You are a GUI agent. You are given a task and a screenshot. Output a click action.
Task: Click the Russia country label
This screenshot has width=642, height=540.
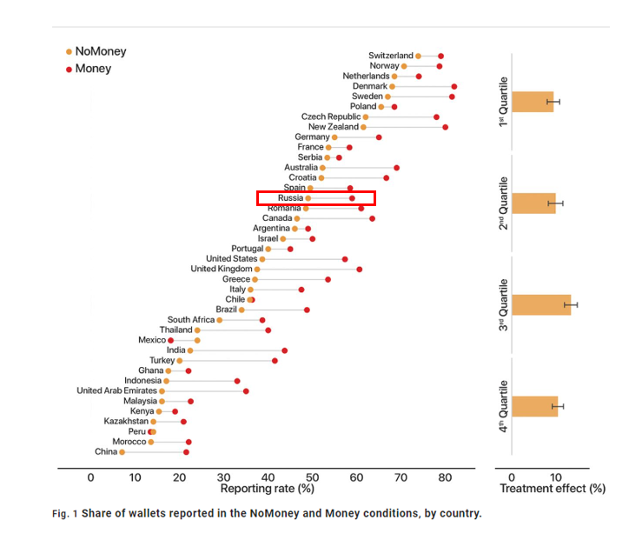pos(290,198)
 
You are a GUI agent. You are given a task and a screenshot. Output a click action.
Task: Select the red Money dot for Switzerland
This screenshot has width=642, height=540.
pos(440,56)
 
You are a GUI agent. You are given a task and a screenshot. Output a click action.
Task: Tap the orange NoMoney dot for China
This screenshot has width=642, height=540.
pos(122,452)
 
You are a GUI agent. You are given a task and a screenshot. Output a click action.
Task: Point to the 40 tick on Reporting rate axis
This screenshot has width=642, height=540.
pos(268,477)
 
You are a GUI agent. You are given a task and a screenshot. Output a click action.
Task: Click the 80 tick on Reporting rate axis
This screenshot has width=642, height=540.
pos(446,477)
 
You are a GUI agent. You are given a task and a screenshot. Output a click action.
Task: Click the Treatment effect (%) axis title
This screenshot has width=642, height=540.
pos(552,490)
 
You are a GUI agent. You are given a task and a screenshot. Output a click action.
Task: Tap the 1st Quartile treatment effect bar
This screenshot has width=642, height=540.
pos(532,102)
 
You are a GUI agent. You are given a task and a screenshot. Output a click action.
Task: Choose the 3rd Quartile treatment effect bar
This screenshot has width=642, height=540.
pos(540,304)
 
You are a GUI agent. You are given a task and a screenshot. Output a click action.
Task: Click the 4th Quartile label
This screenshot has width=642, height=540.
pos(502,406)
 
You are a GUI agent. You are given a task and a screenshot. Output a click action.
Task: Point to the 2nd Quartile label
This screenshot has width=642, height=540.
pos(502,203)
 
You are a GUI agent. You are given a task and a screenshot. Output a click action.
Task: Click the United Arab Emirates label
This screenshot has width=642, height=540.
pos(116,391)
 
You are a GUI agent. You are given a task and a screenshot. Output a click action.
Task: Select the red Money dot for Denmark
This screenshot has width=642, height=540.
pos(453,86)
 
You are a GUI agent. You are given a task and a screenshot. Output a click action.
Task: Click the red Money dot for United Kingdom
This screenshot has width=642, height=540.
pos(359,270)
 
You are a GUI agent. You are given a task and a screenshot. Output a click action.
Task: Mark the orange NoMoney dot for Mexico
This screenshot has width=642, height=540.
pos(197,340)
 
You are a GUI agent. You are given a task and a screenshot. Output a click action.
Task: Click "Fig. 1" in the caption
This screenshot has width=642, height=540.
pos(64,513)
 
